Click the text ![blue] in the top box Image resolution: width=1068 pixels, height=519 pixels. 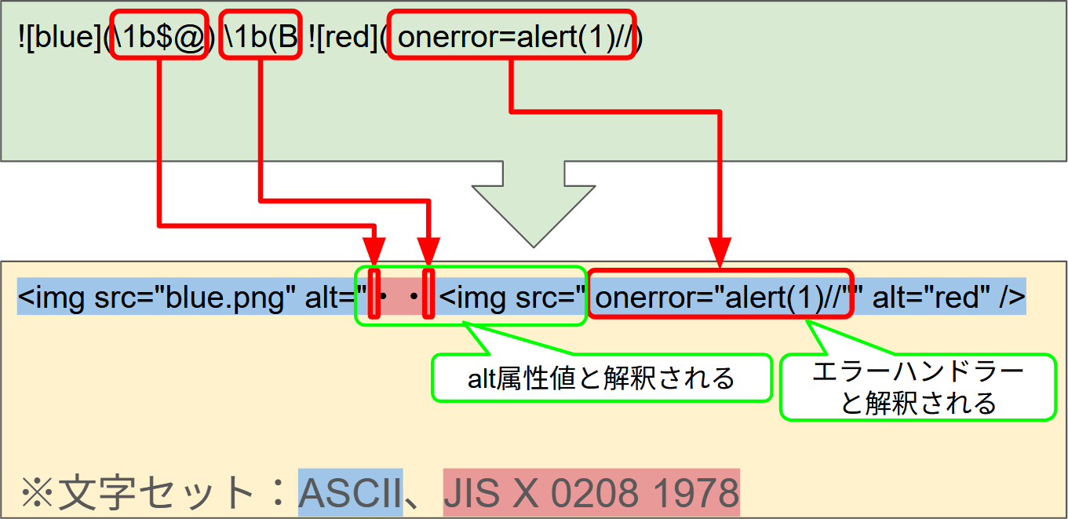point(60,37)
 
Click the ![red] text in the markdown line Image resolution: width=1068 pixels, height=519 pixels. point(342,37)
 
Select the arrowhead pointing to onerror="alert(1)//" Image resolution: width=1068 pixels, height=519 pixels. point(720,253)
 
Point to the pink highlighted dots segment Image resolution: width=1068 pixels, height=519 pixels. point(402,297)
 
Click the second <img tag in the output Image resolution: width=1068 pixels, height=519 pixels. point(472,297)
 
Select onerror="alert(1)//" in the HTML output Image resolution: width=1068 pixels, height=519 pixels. point(720,297)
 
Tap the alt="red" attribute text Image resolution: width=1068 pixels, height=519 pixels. point(931,297)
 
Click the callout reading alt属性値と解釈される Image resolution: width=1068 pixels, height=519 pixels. point(602,378)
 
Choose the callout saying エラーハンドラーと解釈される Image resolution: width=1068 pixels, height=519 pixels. point(918,387)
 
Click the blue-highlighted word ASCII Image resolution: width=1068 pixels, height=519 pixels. point(351,493)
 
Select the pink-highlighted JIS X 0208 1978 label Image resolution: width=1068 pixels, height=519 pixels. point(591,493)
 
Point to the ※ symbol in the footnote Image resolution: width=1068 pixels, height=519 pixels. point(37,493)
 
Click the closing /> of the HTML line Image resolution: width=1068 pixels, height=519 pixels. point(1012,297)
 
